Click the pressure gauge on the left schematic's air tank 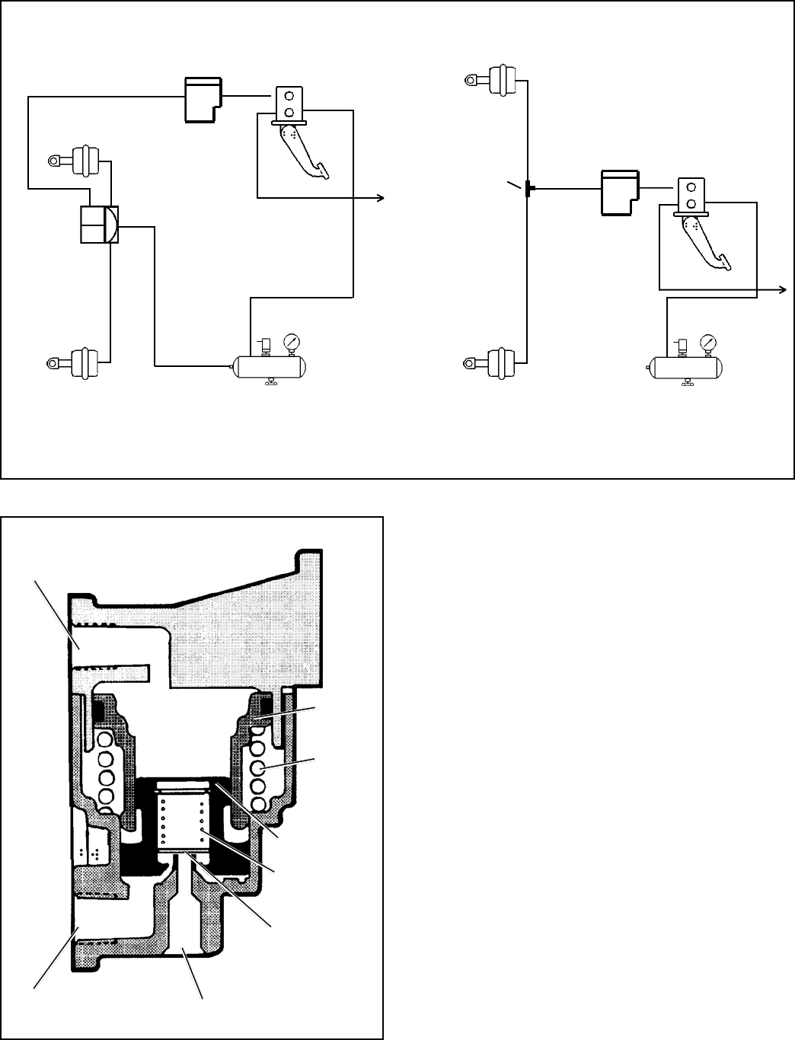[x=291, y=342]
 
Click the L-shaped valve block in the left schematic [x=203, y=97]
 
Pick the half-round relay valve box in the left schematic [x=100, y=224]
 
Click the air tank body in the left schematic [x=271, y=367]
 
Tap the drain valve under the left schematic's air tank [x=271, y=384]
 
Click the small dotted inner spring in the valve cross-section [x=182, y=821]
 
